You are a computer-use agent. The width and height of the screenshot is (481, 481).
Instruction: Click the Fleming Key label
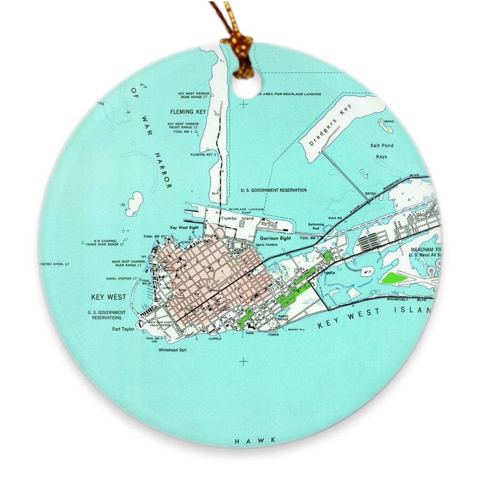tap(188, 112)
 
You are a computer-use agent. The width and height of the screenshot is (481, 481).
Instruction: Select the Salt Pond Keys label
tap(381, 151)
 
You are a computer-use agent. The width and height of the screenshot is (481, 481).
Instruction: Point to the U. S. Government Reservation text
tap(273, 190)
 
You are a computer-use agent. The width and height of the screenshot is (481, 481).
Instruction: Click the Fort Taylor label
tap(123, 329)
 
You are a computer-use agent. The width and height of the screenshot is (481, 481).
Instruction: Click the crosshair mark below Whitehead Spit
tap(243, 361)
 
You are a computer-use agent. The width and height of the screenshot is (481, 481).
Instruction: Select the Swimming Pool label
tap(316, 227)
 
